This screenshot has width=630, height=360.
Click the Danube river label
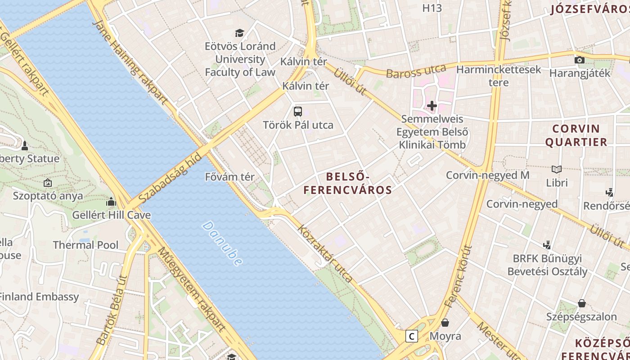click(222, 243)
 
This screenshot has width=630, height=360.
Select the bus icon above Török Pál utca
click(297, 111)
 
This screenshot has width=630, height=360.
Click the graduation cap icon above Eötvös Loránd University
click(239, 33)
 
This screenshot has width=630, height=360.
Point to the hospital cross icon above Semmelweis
click(432, 106)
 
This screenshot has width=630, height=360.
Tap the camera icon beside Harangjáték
click(580, 60)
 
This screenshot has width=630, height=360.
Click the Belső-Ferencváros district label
click(347, 183)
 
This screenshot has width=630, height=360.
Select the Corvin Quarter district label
click(576, 135)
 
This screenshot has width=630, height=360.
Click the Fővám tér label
click(229, 177)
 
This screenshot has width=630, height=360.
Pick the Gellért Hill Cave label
click(112, 215)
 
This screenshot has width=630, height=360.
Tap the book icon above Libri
click(557, 169)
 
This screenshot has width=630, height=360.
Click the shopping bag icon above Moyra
click(445, 322)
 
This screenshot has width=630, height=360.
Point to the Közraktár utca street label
click(325, 253)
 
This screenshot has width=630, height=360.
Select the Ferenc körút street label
click(459, 276)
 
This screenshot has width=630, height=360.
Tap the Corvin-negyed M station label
click(487, 175)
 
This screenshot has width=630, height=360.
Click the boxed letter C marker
click(411, 336)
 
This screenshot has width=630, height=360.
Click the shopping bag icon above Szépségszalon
click(581, 303)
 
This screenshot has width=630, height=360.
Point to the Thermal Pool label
click(85, 245)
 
